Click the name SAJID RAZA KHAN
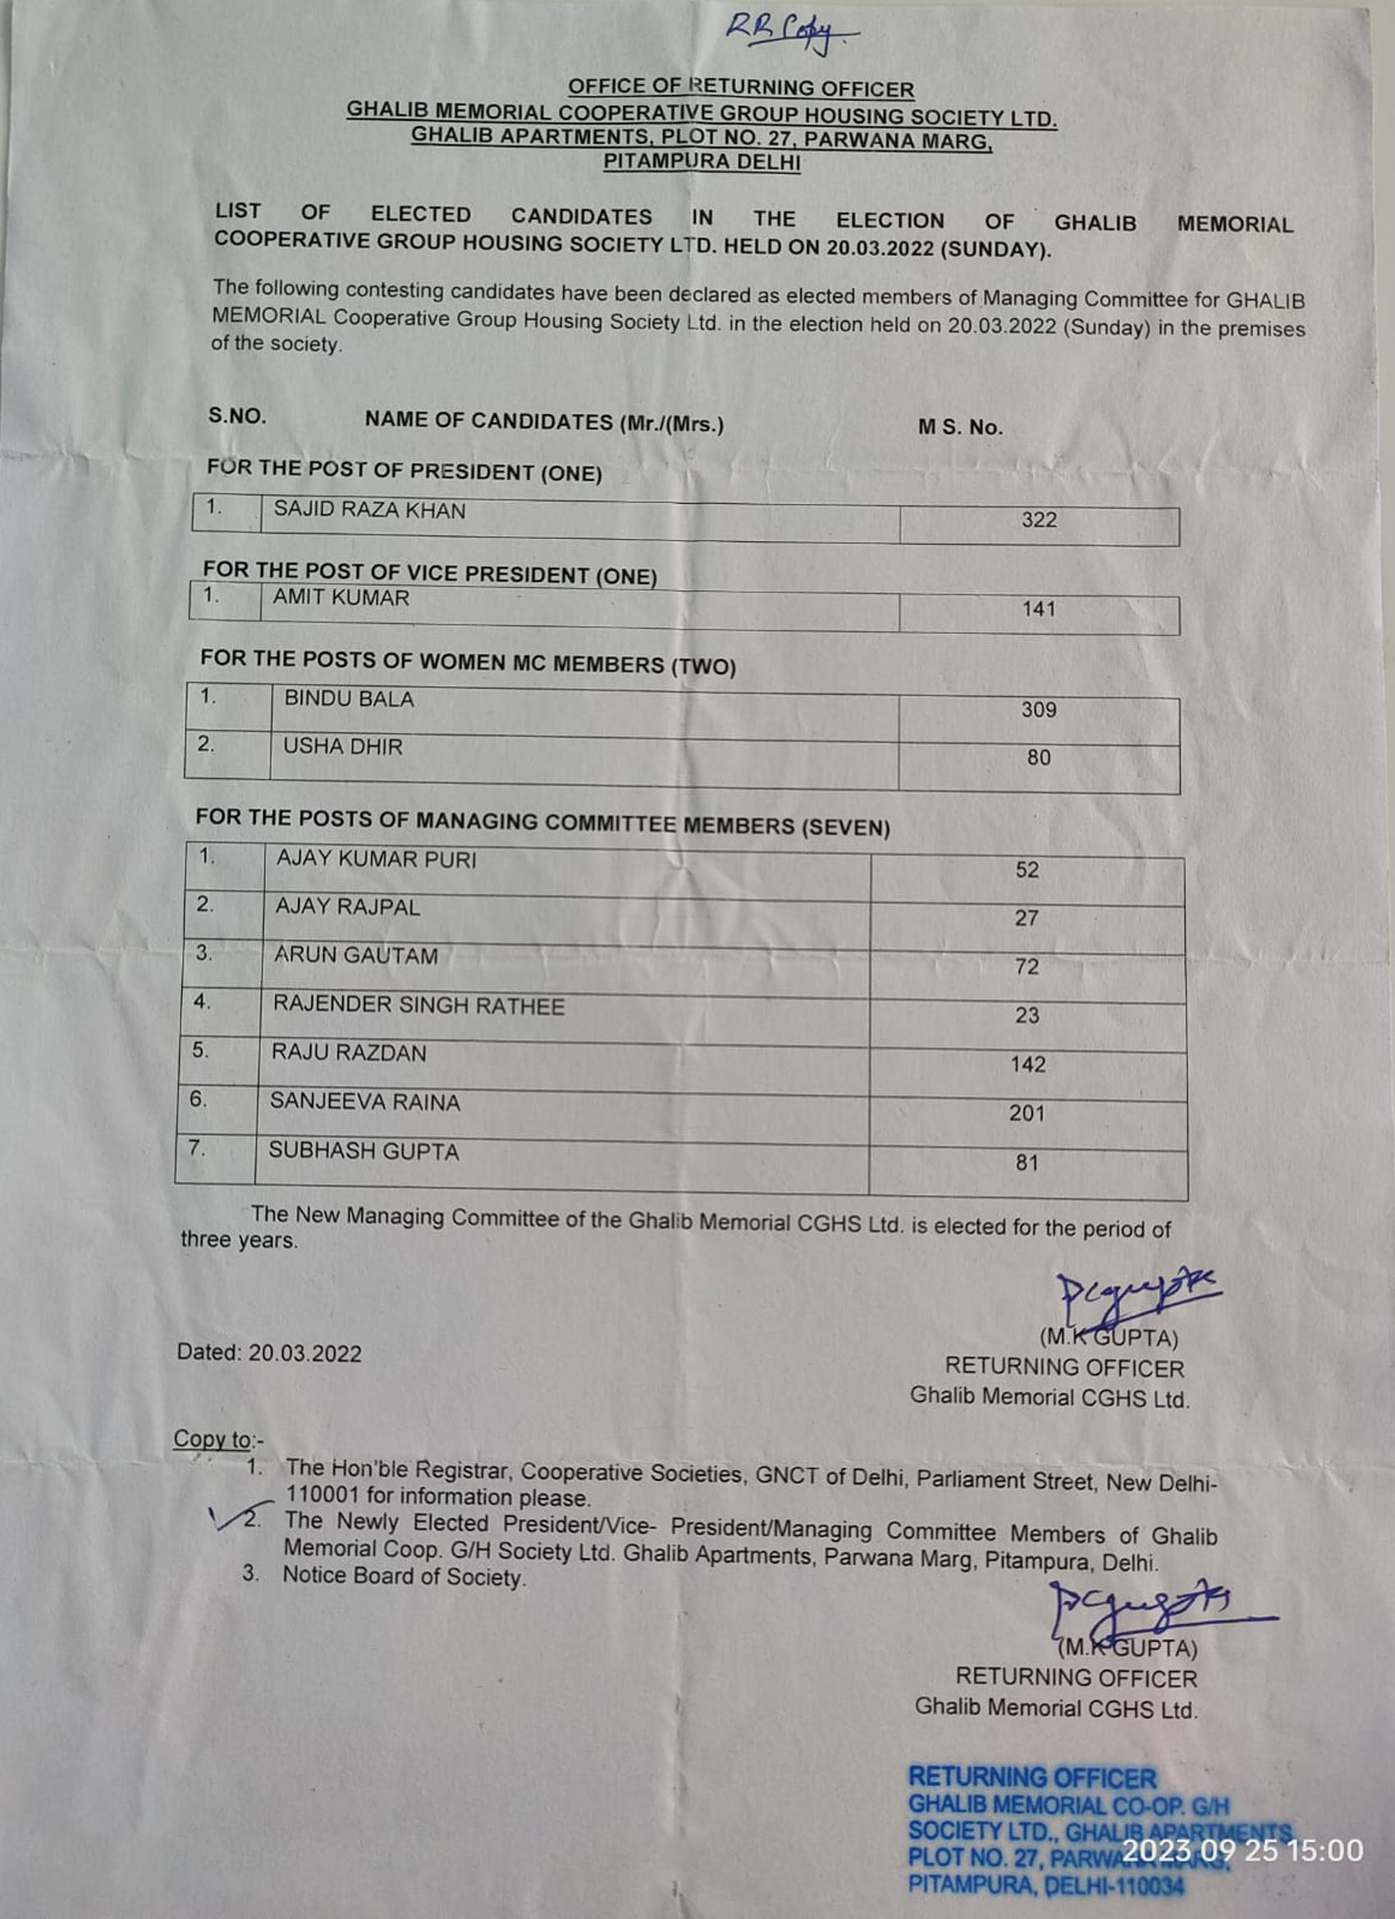click(368, 511)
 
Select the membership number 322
click(1039, 520)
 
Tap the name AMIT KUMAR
click(341, 598)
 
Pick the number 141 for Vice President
click(1038, 609)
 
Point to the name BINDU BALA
click(349, 700)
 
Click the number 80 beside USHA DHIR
click(1038, 758)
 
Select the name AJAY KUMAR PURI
click(376, 859)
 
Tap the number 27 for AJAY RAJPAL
click(1027, 918)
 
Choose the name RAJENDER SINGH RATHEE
click(418, 1005)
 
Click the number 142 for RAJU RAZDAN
click(1027, 1065)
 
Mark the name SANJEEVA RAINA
click(364, 1102)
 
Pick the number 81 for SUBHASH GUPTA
click(1027, 1162)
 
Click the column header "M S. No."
click(960, 428)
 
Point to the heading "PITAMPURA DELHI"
click(702, 162)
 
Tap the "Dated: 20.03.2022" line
click(269, 1353)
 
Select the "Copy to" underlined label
click(213, 1440)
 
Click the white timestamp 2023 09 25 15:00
click(1242, 1850)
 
